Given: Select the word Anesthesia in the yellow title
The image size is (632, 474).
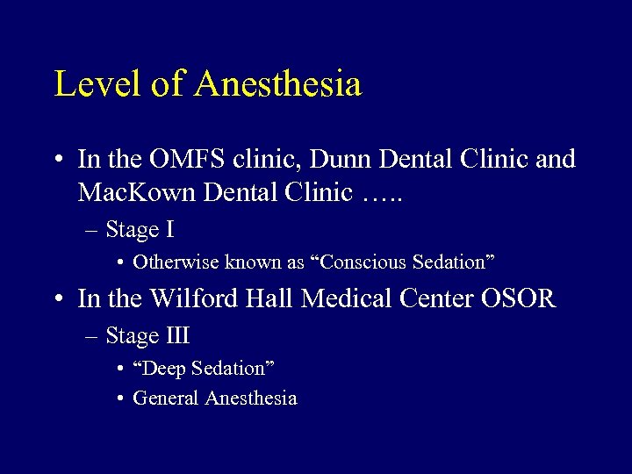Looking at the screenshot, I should pyautogui.click(x=278, y=84).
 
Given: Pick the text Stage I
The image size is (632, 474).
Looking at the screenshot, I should pyautogui.click(x=140, y=230).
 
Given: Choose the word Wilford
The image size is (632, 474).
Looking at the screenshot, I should pyautogui.click(x=192, y=298).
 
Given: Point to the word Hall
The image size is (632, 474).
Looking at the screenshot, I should pyautogui.click(x=268, y=298).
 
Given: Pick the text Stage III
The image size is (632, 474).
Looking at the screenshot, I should pyautogui.click(x=147, y=335).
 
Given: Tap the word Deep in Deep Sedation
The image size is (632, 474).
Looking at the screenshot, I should pyautogui.click(x=161, y=368).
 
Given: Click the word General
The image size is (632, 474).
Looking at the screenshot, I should pyautogui.click(x=166, y=399).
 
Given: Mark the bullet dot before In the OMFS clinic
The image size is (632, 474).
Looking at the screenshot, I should pyautogui.click(x=58, y=161).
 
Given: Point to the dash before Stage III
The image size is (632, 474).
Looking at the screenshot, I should pyautogui.click(x=92, y=336).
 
